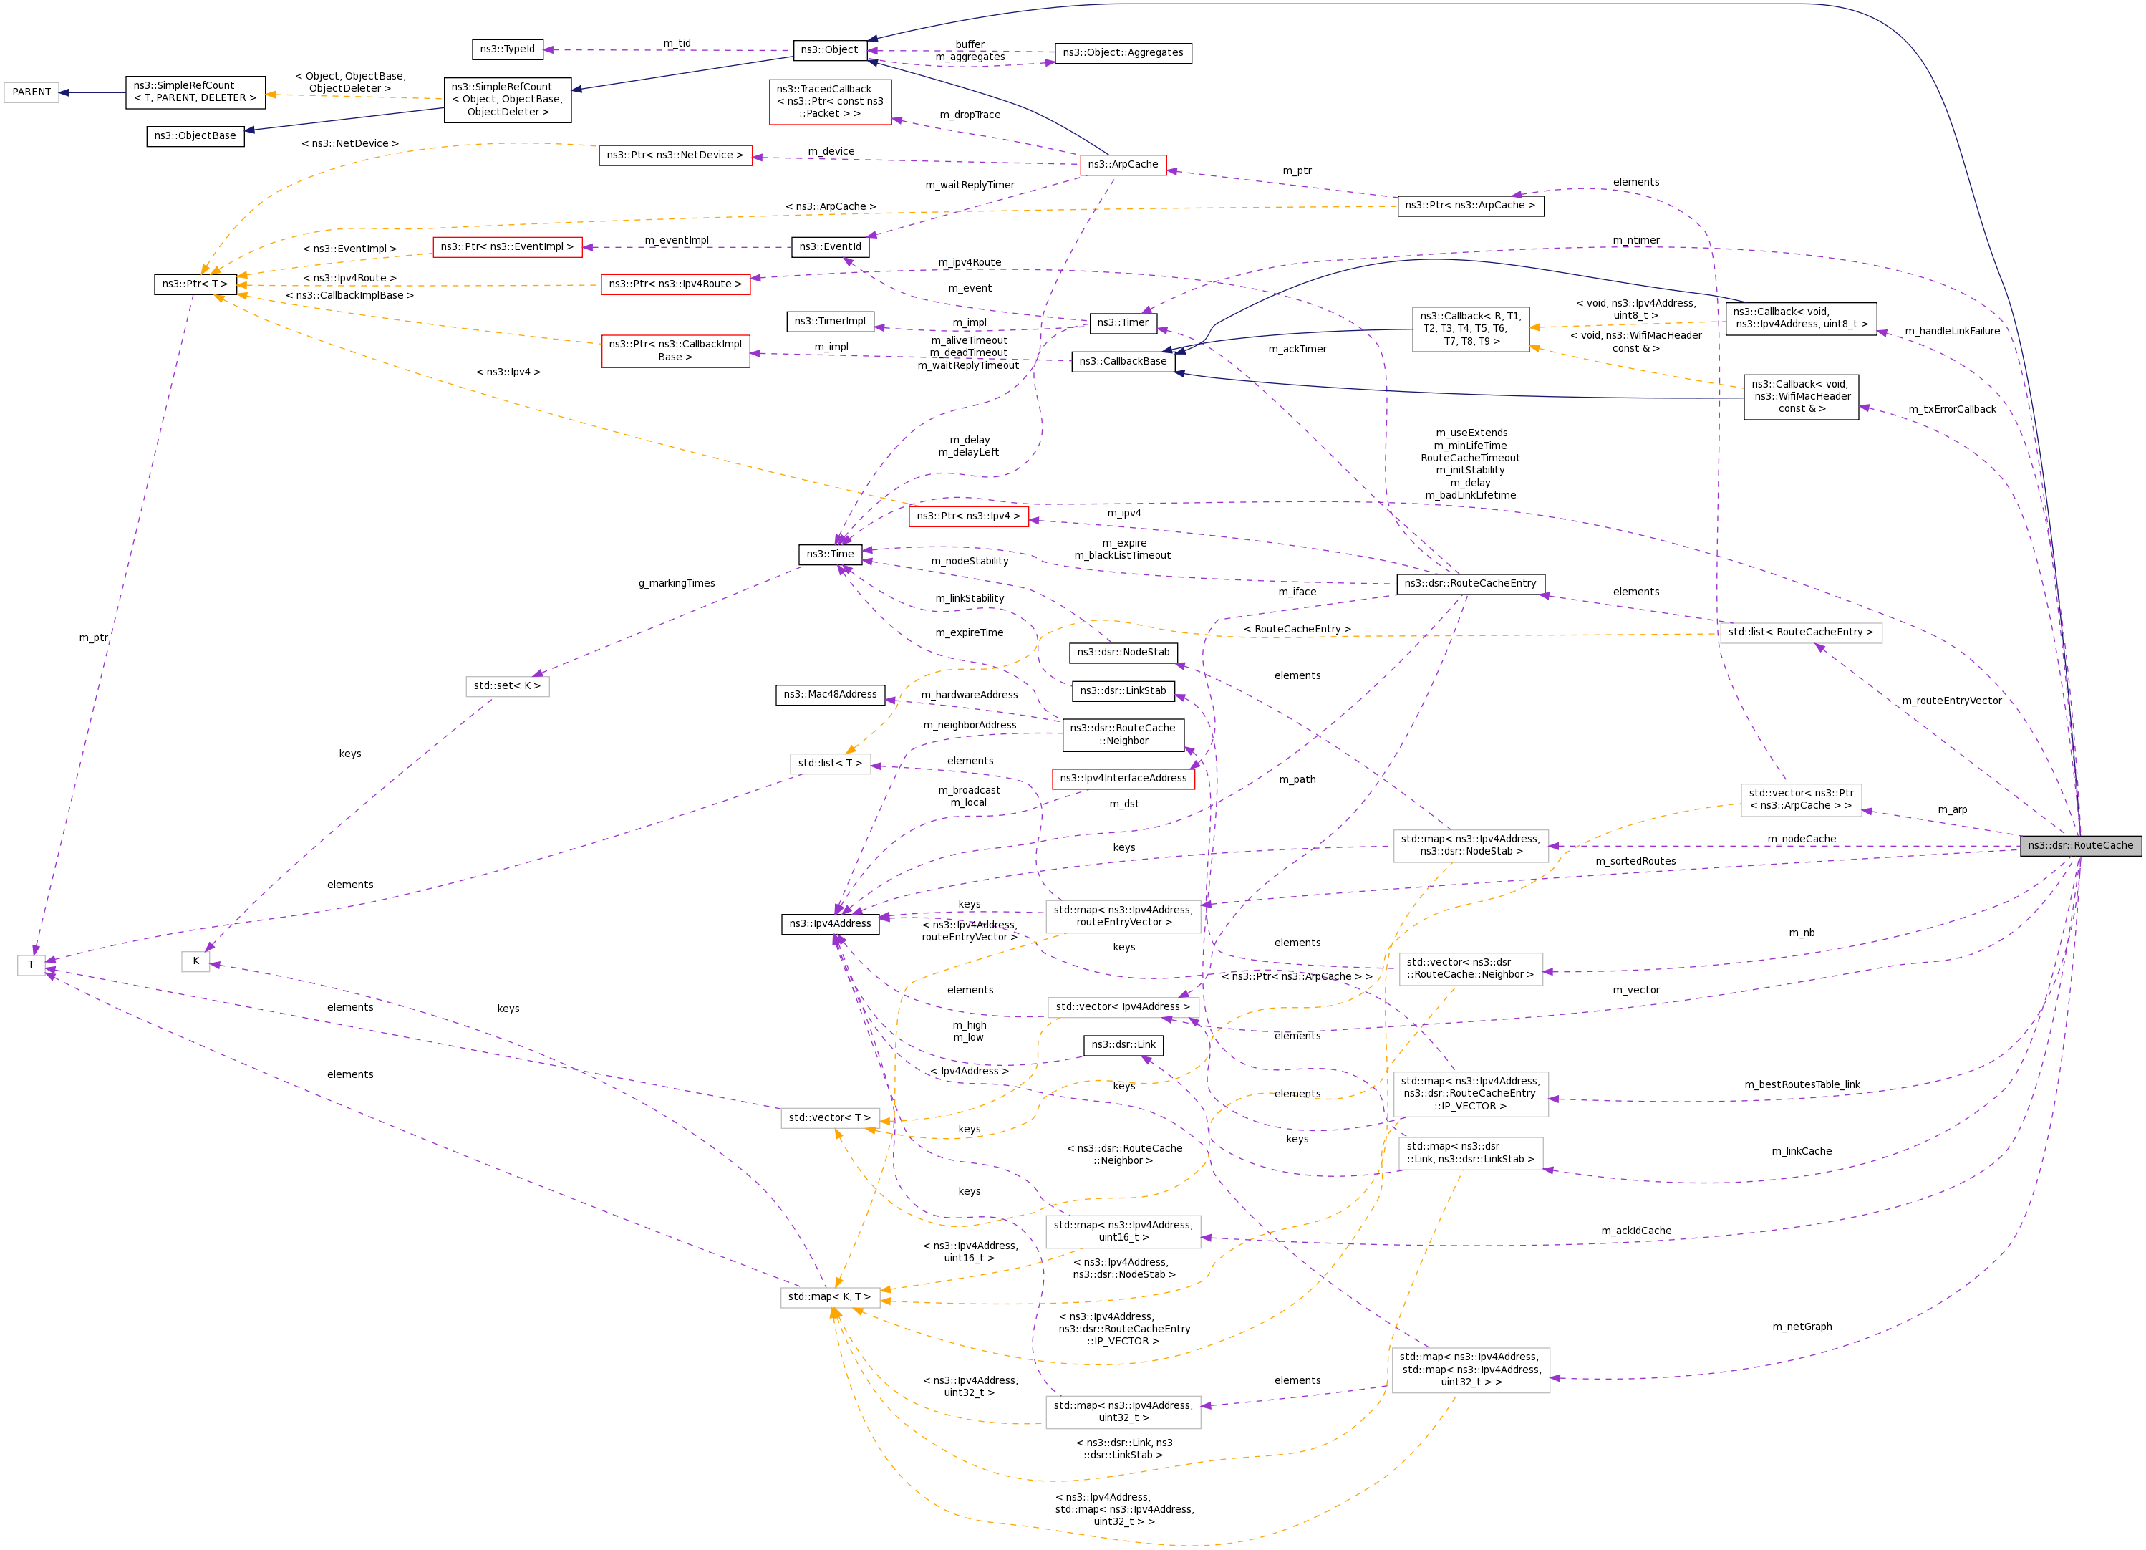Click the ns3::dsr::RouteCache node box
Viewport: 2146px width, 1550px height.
[2079, 845]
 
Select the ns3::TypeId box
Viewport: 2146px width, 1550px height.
[507, 49]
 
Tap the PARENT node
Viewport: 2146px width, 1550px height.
[32, 92]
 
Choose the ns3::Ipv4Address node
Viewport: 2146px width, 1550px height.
[830, 923]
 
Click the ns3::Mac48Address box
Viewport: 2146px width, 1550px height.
[830, 695]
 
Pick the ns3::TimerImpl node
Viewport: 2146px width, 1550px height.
[830, 322]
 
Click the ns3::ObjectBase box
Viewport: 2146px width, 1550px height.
[195, 136]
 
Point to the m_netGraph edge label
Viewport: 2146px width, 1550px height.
[1802, 1327]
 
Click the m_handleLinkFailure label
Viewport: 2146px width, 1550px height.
[1952, 331]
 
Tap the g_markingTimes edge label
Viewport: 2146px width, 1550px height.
[677, 583]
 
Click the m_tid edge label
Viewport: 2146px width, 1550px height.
[677, 44]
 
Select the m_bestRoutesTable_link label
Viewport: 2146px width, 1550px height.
[1802, 1084]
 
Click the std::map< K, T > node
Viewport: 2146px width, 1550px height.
[829, 1297]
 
